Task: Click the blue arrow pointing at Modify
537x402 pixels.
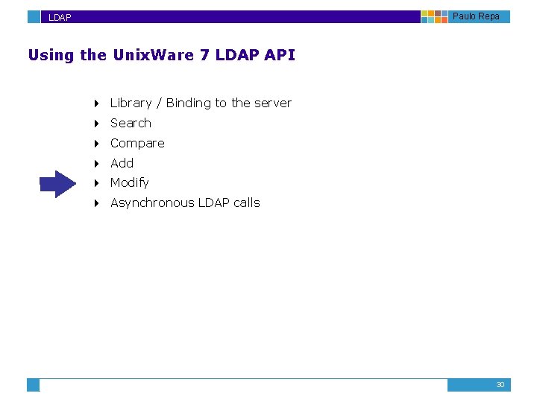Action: [58, 183]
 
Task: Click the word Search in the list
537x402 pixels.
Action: [131, 123]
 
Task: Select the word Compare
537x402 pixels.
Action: [137, 143]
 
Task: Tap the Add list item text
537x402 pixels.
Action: [122, 163]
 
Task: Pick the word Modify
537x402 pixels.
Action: [129, 182]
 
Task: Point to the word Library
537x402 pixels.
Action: [131, 103]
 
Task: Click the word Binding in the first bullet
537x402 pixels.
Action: [189, 103]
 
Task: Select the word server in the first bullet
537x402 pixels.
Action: [272, 103]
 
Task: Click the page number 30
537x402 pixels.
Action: [500, 385]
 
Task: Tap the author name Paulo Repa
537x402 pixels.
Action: [476, 16]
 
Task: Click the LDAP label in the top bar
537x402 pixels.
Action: [60, 17]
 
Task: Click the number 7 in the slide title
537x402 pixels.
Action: [204, 55]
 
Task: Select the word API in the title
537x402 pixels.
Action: [280, 55]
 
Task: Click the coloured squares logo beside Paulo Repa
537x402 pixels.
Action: [434, 16]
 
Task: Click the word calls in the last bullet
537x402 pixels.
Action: [245, 202]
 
